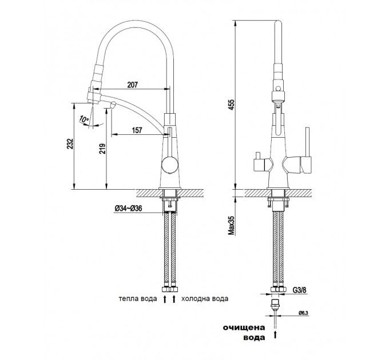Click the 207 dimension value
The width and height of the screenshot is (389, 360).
[132, 85]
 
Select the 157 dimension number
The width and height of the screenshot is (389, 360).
[137, 130]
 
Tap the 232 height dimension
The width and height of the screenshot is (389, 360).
[70, 143]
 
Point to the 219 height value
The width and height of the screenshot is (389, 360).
[103, 149]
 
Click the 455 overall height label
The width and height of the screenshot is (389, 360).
[231, 105]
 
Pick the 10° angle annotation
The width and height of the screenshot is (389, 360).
[84, 119]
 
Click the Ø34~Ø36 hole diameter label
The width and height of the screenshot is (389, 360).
[128, 209]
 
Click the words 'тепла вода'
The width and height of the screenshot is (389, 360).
[138, 298]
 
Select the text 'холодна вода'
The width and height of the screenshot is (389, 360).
[205, 298]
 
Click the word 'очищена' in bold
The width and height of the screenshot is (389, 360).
[244, 327]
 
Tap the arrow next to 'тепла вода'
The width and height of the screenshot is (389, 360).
[165, 299]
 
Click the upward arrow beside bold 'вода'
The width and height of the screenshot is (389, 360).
[275, 334]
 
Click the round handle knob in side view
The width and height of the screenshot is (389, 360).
[169, 165]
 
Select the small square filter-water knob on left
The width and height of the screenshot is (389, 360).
[259, 164]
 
